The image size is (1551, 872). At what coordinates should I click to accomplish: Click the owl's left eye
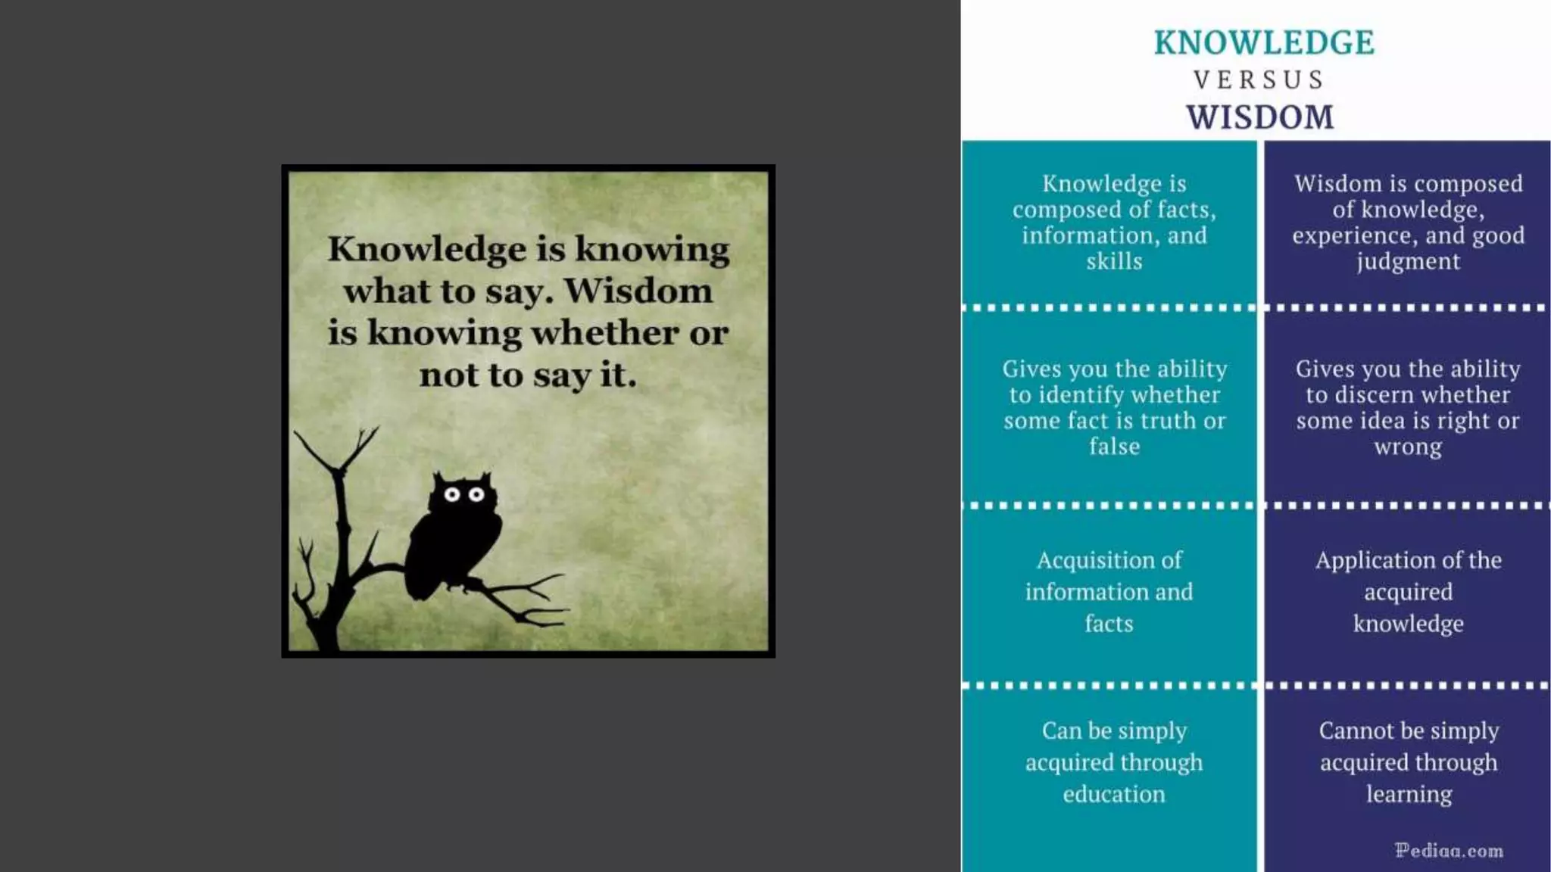[452, 494]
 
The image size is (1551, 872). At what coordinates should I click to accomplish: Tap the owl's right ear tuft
[485, 478]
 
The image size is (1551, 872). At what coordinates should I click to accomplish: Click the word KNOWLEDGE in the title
[1263, 42]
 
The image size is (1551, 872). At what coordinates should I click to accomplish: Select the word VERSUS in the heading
[1259, 79]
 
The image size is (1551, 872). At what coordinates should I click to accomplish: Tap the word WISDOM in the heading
[1260, 117]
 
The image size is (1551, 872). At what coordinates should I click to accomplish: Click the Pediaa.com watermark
[1449, 850]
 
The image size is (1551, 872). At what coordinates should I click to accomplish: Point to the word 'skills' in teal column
[1114, 261]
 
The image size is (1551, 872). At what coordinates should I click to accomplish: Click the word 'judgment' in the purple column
[1408, 261]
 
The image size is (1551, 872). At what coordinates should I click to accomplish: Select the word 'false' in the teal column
[1114, 447]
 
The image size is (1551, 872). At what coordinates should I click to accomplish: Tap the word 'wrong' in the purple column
[1408, 447]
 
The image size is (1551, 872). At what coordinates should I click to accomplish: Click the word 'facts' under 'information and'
[1109, 623]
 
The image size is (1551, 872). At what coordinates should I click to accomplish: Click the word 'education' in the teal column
[1113, 794]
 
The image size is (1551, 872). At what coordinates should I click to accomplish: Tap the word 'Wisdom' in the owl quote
[638, 291]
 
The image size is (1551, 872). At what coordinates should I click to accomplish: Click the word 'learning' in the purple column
[1409, 794]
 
